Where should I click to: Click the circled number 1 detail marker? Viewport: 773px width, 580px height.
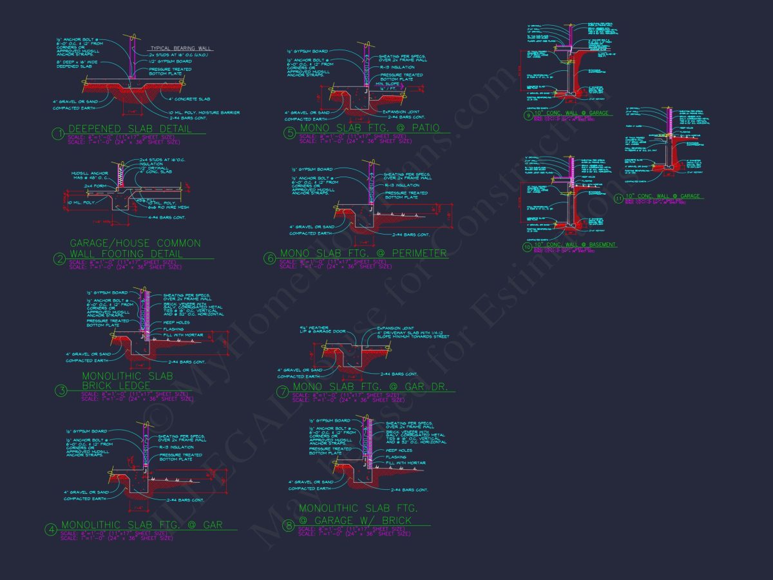pyautogui.click(x=59, y=134)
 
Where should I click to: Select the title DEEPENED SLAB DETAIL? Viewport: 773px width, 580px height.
pyautogui.click(x=130, y=129)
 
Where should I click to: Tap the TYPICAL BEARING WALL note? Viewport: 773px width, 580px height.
pyautogui.click(x=180, y=49)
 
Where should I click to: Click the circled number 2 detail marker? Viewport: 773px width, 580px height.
pyautogui.click(x=60, y=259)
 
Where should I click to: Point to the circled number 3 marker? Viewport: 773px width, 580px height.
pyautogui.click(x=61, y=391)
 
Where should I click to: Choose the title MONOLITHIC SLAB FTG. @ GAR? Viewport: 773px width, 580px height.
pyautogui.click(x=142, y=525)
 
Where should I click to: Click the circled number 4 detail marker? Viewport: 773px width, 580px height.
pyautogui.click(x=51, y=530)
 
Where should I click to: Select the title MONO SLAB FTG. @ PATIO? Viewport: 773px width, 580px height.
pyautogui.click(x=370, y=128)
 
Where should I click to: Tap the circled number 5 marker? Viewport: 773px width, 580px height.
pyautogui.click(x=290, y=133)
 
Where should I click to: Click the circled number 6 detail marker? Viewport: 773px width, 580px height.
pyautogui.click(x=271, y=259)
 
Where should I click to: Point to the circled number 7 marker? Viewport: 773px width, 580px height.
pyautogui.click(x=282, y=392)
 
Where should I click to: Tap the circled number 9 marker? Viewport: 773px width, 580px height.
pyautogui.click(x=528, y=116)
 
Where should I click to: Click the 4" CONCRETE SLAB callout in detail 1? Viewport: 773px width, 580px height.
pyautogui.click(x=189, y=99)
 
